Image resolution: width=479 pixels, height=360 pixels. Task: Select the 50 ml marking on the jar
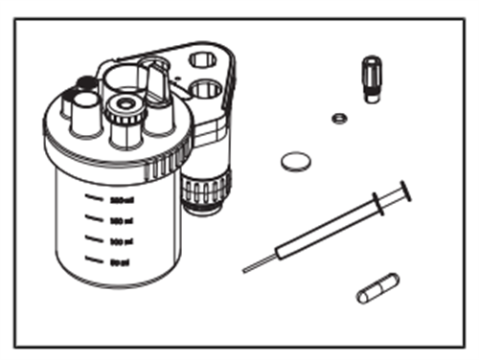pyautogui.click(x=119, y=259)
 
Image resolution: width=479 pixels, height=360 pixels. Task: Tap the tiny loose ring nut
pyautogui.click(x=337, y=120)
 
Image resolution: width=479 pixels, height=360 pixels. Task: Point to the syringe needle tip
pyautogui.click(x=245, y=271)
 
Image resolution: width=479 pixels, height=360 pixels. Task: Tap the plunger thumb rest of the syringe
pyautogui.click(x=404, y=191)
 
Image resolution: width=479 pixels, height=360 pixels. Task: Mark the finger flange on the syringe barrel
pyautogui.click(x=376, y=203)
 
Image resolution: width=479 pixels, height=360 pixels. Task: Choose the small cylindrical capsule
pyautogui.click(x=377, y=288)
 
